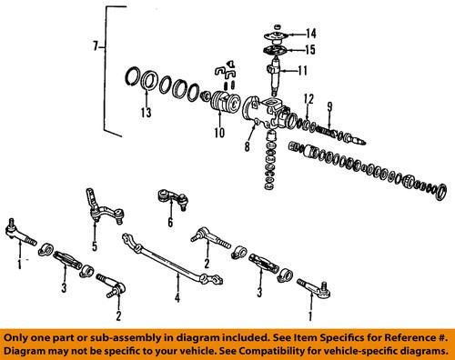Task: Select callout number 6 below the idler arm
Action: [x=170, y=221]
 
